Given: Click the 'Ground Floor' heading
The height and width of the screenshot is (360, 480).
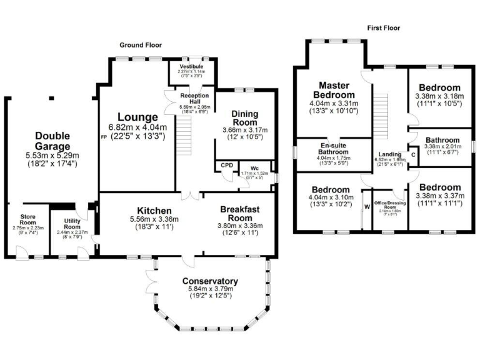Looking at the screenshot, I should [x=141, y=45].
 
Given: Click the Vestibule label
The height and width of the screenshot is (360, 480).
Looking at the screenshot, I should [x=191, y=66].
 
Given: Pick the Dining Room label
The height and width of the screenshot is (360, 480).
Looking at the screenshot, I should [x=244, y=117].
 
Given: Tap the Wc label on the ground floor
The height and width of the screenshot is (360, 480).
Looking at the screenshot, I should [x=254, y=168].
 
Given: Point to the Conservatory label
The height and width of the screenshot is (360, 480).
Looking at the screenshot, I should [x=211, y=281].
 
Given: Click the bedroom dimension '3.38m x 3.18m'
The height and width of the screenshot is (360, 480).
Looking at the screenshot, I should [x=439, y=96].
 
